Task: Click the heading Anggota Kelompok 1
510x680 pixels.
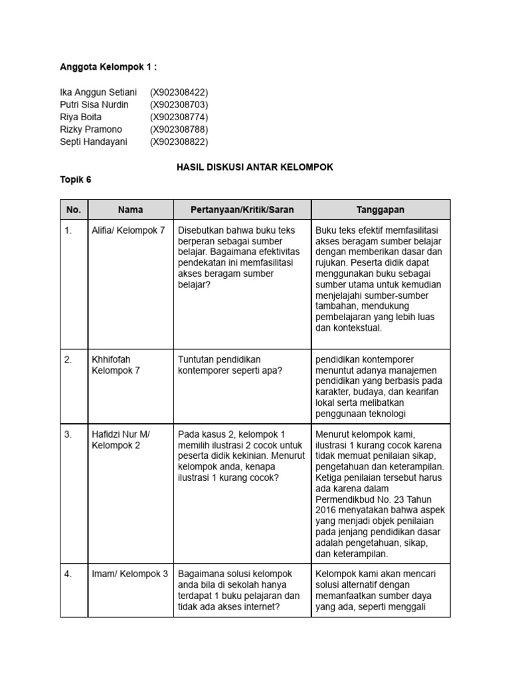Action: pos(108,67)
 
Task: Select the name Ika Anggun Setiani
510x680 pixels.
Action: pos(98,92)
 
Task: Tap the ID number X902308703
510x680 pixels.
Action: pos(179,105)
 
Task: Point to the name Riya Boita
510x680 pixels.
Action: pos(81,117)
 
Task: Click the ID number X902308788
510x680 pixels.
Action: pos(179,129)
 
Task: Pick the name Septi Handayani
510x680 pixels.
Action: pos(93,141)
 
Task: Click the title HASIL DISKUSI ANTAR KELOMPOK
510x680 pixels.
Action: pos(254,167)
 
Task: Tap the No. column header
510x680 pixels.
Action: pos(74,210)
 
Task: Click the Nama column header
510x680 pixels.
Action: pos(130,210)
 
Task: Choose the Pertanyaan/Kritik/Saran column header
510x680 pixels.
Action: pos(242,210)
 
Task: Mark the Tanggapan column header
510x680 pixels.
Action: pos(381,210)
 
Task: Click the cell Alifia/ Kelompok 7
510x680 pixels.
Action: pos(127,230)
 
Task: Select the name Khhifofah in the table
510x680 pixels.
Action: pos(111,359)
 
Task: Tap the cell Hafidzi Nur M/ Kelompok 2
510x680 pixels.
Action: pos(121,440)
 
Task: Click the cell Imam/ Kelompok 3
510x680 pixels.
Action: pos(129,573)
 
